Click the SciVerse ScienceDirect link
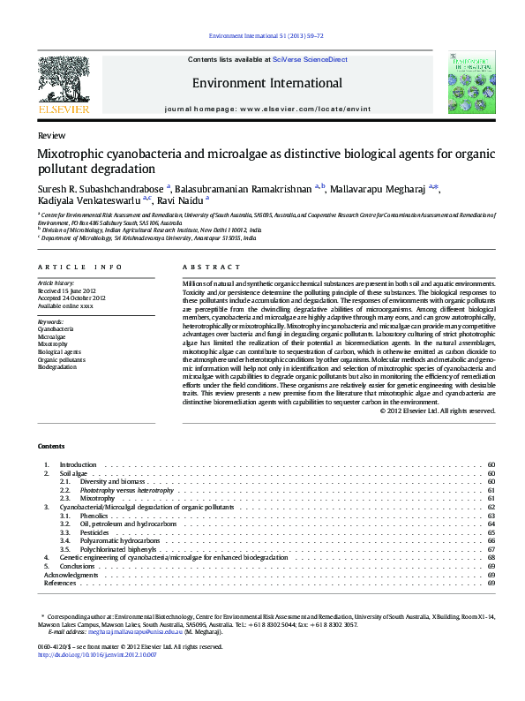click(310, 59)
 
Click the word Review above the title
click(51, 137)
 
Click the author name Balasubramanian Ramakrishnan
click(243, 188)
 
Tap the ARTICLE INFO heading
click(80, 267)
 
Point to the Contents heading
click(51, 445)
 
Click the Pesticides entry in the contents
click(94, 533)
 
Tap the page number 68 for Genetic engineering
click(491, 558)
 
